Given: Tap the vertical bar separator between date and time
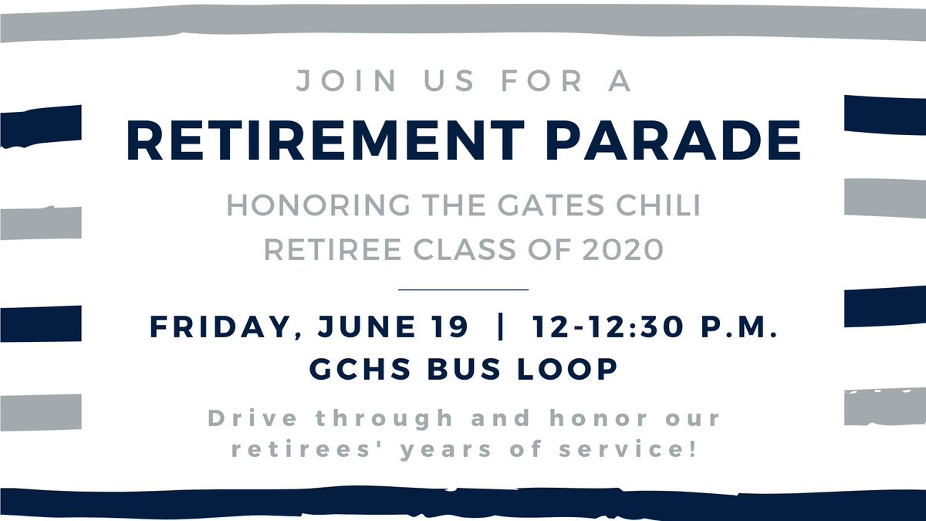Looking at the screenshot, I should (x=504, y=327).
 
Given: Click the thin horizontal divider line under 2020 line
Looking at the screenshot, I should (x=463, y=289).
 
